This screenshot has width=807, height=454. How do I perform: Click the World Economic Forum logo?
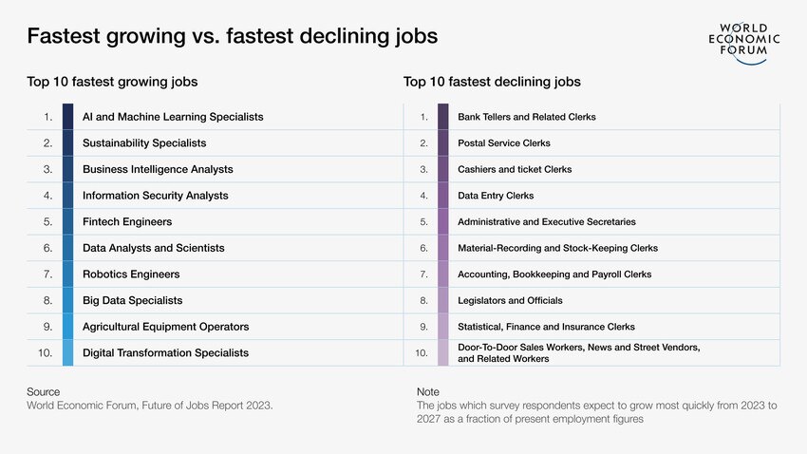click(x=744, y=43)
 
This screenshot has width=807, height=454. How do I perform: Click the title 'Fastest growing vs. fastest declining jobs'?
click(x=233, y=37)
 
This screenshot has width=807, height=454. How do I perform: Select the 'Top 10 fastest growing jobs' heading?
click(x=112, y=83)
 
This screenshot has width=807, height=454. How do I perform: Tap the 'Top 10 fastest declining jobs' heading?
click(x=492, y=83)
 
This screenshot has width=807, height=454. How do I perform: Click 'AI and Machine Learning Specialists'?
click(x=173, y=117)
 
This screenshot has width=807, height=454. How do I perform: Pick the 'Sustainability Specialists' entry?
click(x=144, y=143)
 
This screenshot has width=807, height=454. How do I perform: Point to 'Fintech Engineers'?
click(x=127, y=221)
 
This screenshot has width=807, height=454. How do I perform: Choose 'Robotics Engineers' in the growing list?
click(x=131, y=274)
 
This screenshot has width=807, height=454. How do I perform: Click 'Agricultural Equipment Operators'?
click(x=165, y=327)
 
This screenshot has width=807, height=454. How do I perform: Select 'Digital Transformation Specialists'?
click(x=165, y=352)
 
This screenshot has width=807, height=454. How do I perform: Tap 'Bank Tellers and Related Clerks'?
click(x=527, y=117)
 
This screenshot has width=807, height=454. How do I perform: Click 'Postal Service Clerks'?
click(x=504, y=143)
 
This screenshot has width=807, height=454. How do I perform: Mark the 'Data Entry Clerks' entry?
click(x=496, y=196)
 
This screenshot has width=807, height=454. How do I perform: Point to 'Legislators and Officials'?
click(x=510, y=300)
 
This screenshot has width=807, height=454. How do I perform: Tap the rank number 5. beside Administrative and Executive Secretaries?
click(x=424, y=221)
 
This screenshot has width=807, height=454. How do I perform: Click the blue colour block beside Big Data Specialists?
click(x=67, y=300)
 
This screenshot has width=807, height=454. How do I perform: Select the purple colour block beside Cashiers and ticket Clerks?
click(x=443, y=169)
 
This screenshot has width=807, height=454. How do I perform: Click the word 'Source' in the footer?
click(x=43, y=391)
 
